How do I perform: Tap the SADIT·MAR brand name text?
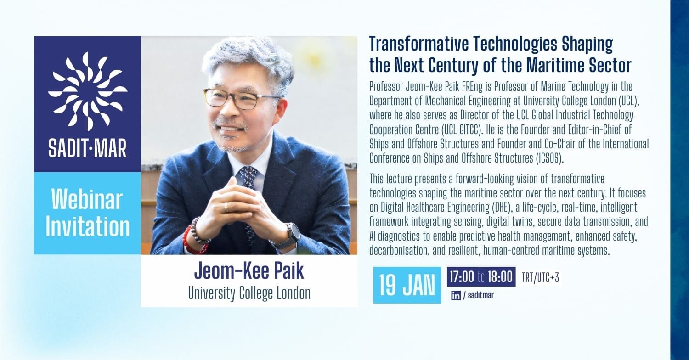87,149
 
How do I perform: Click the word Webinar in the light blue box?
87,200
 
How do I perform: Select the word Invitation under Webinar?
87,226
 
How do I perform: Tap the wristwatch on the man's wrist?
291,234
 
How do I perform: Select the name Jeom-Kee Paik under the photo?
249,271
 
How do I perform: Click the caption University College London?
249,293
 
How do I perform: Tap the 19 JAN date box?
407,285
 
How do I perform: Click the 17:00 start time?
462,277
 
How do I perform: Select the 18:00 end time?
500,277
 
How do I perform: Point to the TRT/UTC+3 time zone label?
541,278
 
